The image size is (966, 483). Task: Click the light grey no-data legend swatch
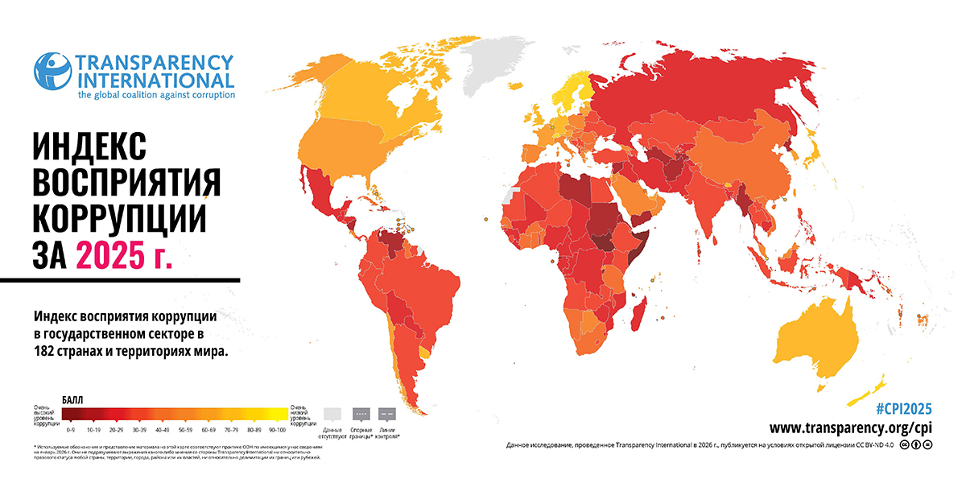point(332,414)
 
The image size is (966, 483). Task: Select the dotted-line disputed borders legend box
point(361,414)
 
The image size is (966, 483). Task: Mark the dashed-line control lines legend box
point(386,414)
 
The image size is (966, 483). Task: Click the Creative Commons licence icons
point(916,445)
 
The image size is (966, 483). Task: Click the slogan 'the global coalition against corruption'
point(156,95)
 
